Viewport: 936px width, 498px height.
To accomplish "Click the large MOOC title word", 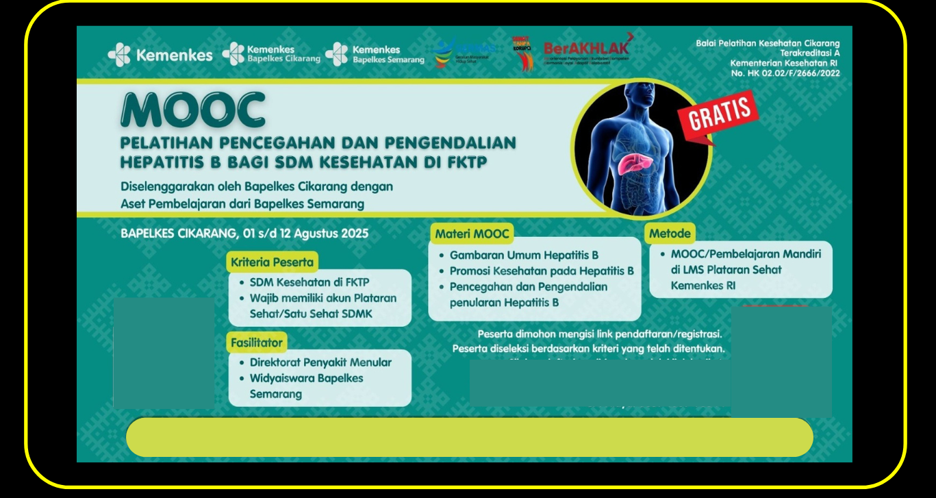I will point(192,110).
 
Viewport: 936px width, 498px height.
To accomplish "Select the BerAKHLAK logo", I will point(586,49).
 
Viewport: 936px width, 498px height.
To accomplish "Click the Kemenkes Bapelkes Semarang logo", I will point(375,54).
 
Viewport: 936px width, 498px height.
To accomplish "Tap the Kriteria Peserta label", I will point(272,262).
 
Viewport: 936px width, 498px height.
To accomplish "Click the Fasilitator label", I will point(257,342).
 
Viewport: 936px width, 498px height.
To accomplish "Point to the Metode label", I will point(670,234).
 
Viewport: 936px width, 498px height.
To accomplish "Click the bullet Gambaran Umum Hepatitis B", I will point(524,255).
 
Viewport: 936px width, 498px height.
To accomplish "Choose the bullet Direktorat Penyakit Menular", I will point(320,362).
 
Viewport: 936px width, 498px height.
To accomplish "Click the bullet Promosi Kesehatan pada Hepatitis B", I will point(542,271).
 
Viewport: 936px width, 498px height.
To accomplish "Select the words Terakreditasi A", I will point(809,53).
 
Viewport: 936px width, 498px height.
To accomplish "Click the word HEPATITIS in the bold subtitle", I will point(162,162).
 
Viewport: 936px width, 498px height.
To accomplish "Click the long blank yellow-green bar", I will point(469,436).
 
